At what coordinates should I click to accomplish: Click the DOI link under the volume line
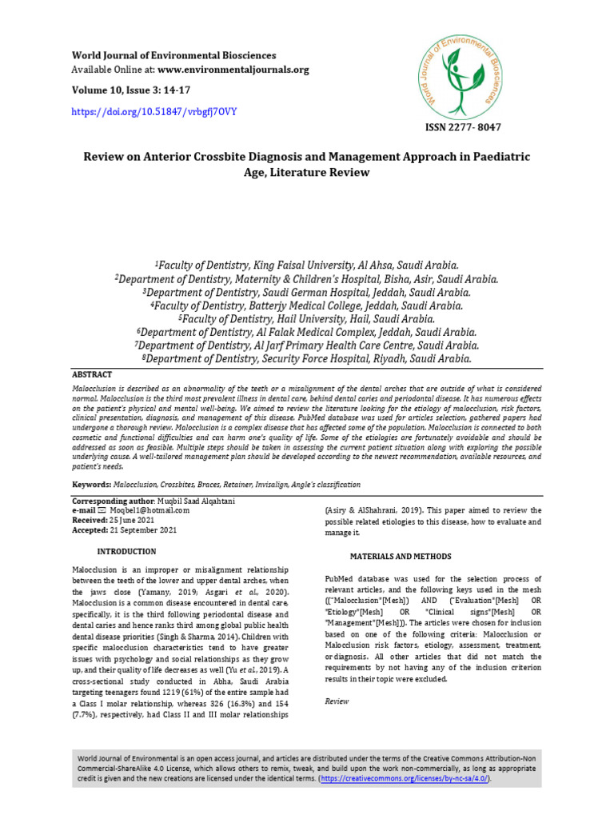(154, 112)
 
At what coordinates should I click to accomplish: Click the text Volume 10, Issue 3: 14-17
(124, 90)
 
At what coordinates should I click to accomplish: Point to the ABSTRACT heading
(93, 374)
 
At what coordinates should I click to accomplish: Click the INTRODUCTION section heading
(126, 552)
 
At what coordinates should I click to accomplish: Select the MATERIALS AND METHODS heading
(401, 556)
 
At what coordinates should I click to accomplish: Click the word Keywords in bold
(90, 485)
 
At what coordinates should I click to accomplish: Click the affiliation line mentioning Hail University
(307, 318)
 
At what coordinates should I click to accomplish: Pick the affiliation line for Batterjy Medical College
(307, 305)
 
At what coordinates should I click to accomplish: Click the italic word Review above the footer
(337, 701)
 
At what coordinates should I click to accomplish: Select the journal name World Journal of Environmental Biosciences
(174, 56)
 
